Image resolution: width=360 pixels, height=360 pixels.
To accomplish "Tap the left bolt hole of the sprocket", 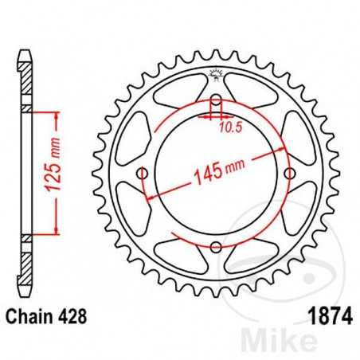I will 143,174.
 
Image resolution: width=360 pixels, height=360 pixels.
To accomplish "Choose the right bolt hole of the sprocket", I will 288,174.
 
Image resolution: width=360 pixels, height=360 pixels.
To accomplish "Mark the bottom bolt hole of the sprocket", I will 215,246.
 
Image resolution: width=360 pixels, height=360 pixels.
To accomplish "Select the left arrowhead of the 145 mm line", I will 151,196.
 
